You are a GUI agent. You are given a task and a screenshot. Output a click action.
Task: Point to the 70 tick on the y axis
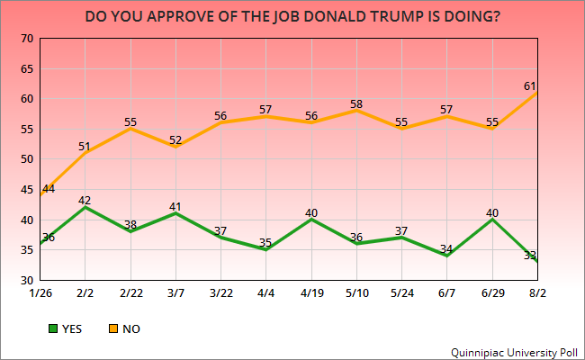click(x=26, y=38)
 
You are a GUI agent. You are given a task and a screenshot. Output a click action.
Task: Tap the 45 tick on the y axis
click(x=26, y=190)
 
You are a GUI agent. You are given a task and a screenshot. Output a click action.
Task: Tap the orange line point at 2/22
click(x=132, y=129)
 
